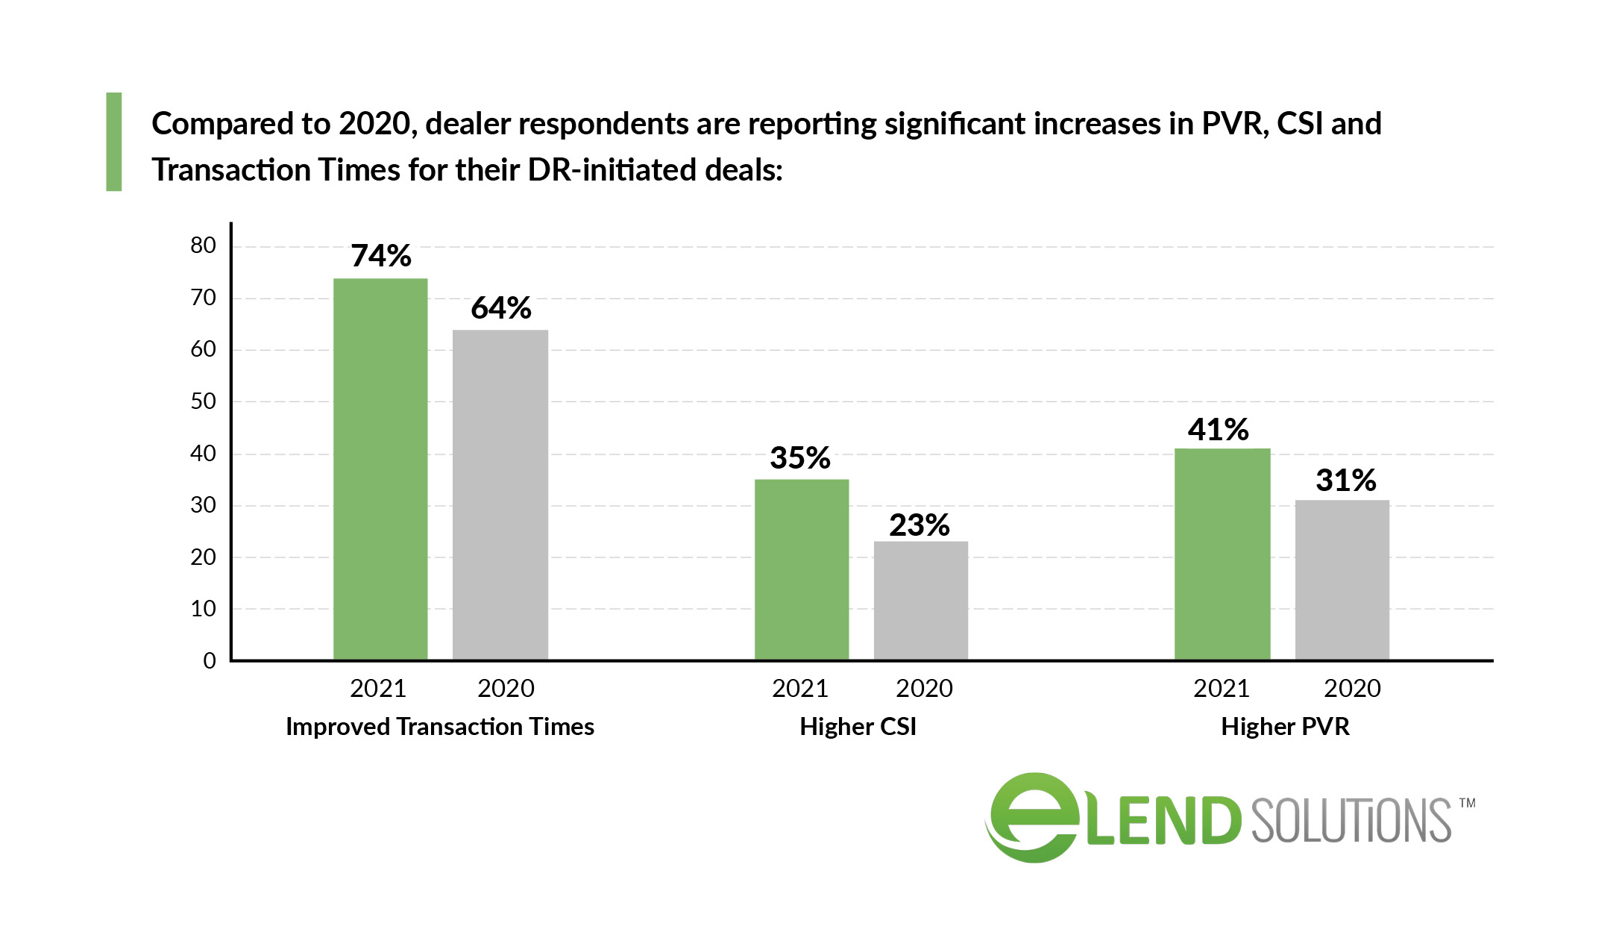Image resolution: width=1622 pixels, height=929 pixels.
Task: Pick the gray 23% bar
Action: pyautogui.click(x=921, y=600)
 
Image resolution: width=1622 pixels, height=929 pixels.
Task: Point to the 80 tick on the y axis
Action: pyautogui.click(x=203, y=245)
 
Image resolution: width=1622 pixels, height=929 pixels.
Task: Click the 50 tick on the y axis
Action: pyautogui.click(x=203, y=401)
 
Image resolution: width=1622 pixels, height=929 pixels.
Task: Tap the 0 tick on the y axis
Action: pyautogui.click(x=210, y=660)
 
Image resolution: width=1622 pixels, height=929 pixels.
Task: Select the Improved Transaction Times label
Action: pyautogui.click(x=440, y=727)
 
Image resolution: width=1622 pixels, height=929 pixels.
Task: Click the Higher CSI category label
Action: pyautogui.click(x=858, y=727)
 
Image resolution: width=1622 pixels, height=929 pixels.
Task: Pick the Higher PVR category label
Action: pyautogui.click(x=1285, y=727)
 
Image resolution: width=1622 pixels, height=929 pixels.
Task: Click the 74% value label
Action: pyautogui.click(x=381, y=256)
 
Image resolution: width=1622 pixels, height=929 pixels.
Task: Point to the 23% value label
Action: pyautogui.click(x=920, y=525)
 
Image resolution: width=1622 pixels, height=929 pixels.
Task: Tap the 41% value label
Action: pyautogui.click(x=1219, y=430)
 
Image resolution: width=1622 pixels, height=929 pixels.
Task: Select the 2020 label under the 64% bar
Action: pyautogui.click(x=506, y=688)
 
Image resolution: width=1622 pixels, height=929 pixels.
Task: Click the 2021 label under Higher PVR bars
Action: pyautogui.click(x=1222, y=688)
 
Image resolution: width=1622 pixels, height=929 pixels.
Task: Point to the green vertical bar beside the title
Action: pyautogui.click(x=114, y=142)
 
